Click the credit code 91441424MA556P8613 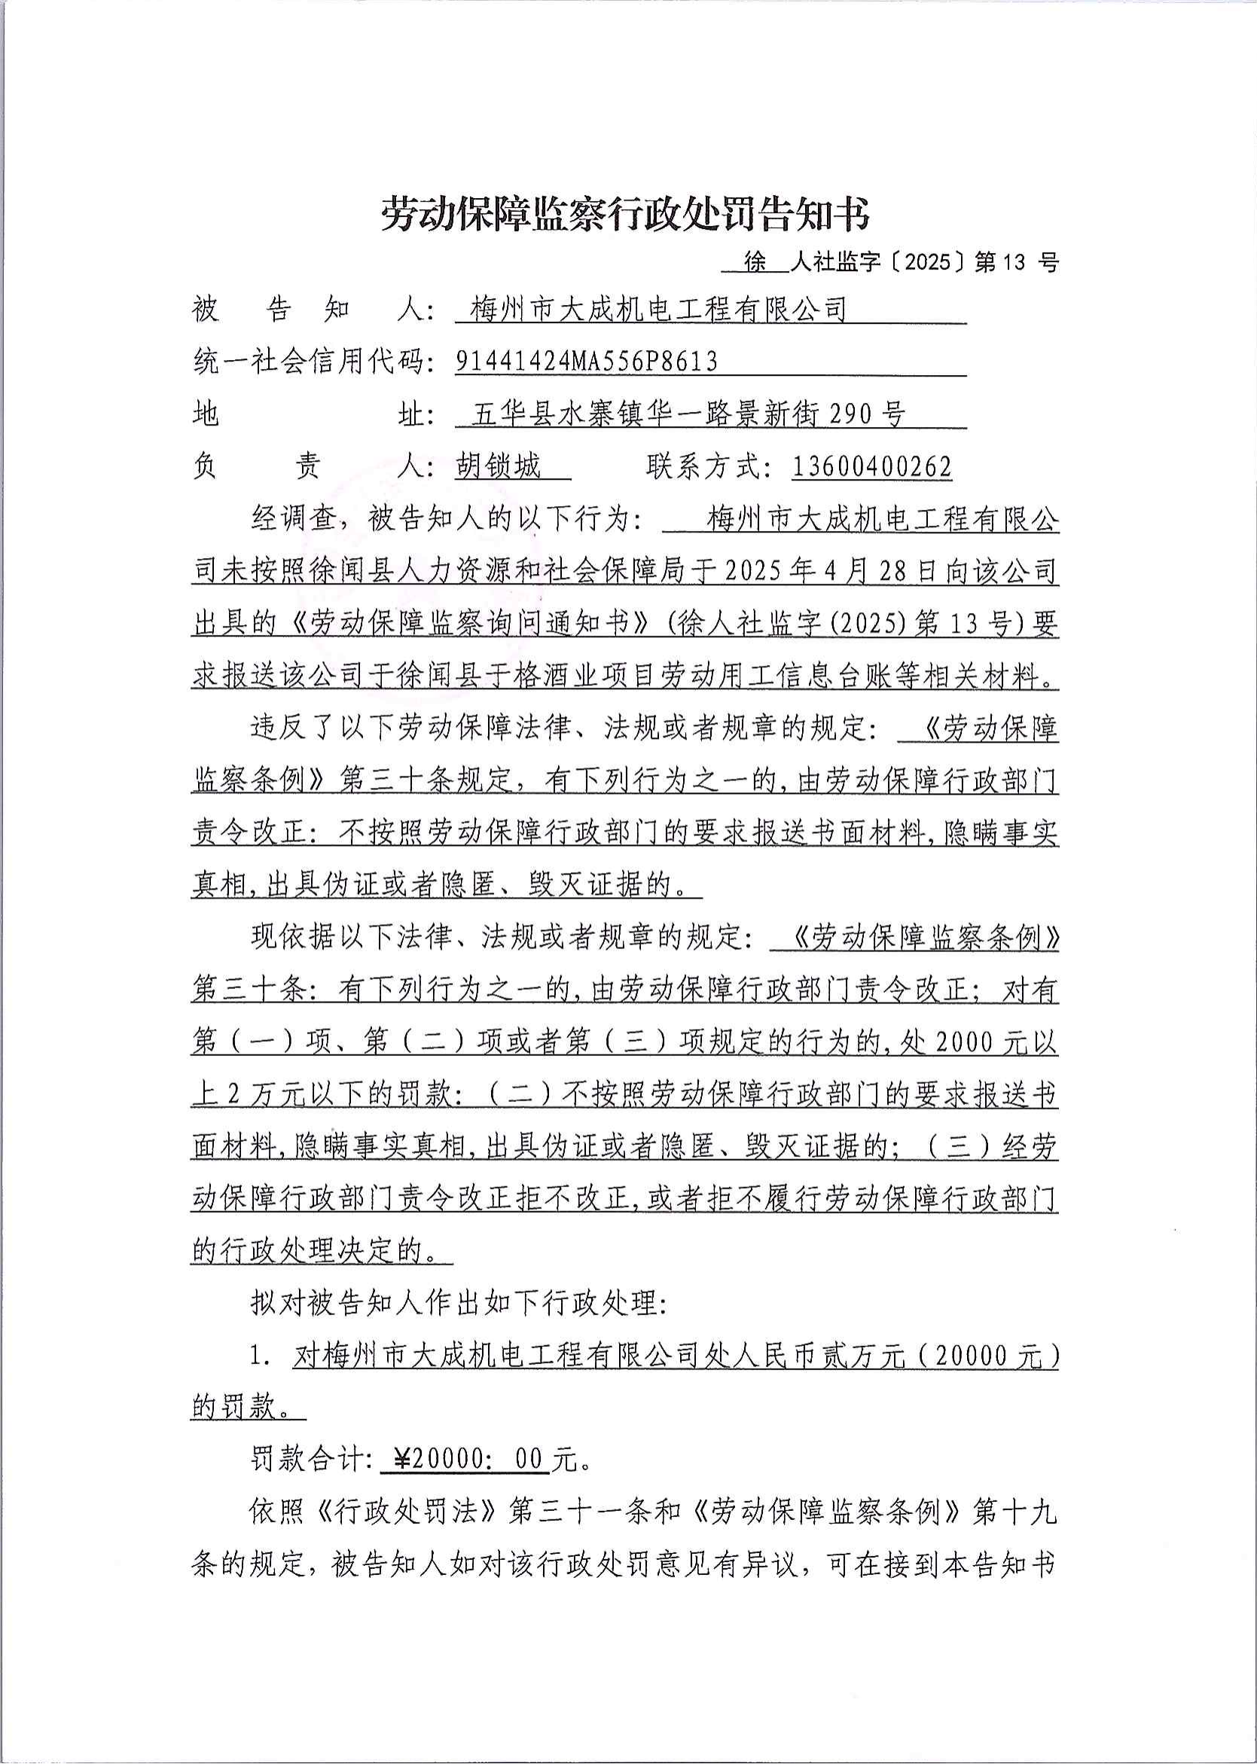[586, 362]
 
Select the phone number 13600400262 [871, 467]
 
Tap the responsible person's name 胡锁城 [498, 467]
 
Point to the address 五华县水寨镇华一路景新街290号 [689, 415]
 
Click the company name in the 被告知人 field [659, 310]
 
